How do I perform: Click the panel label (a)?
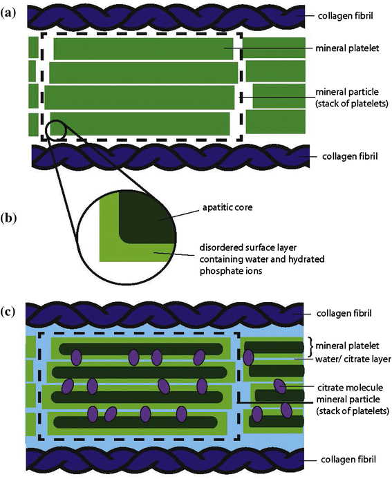tap(8, 13)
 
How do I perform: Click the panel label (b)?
tap(8, 218)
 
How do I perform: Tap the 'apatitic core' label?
tap(227, 208)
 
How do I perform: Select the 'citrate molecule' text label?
tap(350, 388)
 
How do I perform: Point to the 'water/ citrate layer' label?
tap(353, 359)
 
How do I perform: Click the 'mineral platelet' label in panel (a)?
tap(347, 48)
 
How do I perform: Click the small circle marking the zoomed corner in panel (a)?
tap(55, 131)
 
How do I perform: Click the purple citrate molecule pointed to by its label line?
tap(279, 386)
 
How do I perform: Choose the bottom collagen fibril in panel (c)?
tap(165, 459)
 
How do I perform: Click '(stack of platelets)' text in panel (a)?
tap(352, 103)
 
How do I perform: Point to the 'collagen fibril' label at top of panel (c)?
tap(344, 313)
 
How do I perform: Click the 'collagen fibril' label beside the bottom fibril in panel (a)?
tap(350, 156)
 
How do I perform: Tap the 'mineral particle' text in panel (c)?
tap(348, 400)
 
